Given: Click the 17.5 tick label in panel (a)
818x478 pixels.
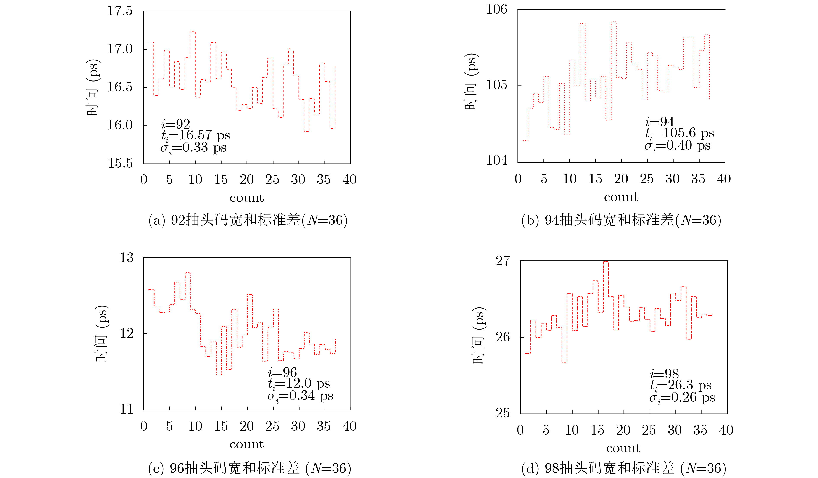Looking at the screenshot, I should pyautogui.click(x=120, y=11).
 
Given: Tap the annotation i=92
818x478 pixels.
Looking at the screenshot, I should pyautogui.click(x=176, y=124).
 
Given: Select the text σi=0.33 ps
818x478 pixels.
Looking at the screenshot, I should pyautogui.click(x=193, y=148).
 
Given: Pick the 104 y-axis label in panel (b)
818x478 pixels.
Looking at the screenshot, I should pyautogui.click(x=496, y=160).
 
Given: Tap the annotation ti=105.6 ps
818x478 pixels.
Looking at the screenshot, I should pyautogui.click(x=680, y=133).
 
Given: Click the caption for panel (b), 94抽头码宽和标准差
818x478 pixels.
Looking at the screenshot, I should pyautogui.click(x=621, y=220).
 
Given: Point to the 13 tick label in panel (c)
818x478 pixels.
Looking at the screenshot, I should pyautogui.click(x=127, y=258).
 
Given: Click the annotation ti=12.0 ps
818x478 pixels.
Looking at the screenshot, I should pyautogui.click(x=299, y=384).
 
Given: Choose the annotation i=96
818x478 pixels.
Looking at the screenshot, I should pyautogui.click(x=282, y=372).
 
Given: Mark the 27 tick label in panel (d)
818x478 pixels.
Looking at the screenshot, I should pyautogui.click(x=503, y=261).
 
